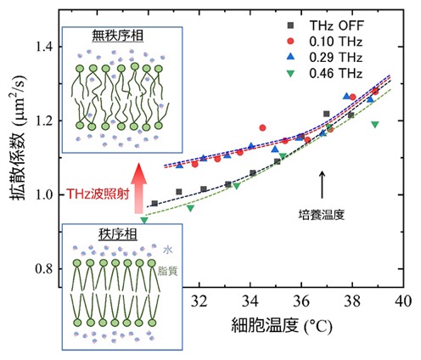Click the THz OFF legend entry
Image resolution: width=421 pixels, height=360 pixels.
click(325, 25)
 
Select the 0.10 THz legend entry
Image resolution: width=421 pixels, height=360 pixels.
click(325, 42)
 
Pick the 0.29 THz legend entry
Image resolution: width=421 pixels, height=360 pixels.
click(325, 58)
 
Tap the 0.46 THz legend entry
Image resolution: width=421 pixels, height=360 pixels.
click(325, 74)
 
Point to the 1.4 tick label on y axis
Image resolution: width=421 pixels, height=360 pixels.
click(45, 47)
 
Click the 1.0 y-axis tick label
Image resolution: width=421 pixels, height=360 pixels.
click(45, 194)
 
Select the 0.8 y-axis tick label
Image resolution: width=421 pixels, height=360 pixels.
click(45, 269)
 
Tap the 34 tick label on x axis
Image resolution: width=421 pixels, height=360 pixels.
click(250, 301)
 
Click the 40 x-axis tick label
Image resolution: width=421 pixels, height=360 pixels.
click(403, 301)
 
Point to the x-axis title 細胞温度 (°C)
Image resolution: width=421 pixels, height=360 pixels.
click(282, 326)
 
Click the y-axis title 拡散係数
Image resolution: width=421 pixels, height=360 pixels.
click(18, 164)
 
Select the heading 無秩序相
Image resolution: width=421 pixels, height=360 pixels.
click(118, 36)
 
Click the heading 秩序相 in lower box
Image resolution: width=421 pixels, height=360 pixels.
click(118, 234)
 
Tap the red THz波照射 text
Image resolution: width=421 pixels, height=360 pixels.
click(98, 194)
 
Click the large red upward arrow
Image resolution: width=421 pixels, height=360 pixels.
click(139, 188)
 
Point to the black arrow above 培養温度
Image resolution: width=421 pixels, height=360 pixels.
click(322, 184)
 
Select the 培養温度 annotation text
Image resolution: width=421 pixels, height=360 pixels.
click(322, 214)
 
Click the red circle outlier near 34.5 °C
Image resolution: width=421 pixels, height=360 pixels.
click(262, 128)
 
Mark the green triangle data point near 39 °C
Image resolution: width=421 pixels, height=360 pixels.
click(375, 124)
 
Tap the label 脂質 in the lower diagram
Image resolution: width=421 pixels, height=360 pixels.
click(168, 271)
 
